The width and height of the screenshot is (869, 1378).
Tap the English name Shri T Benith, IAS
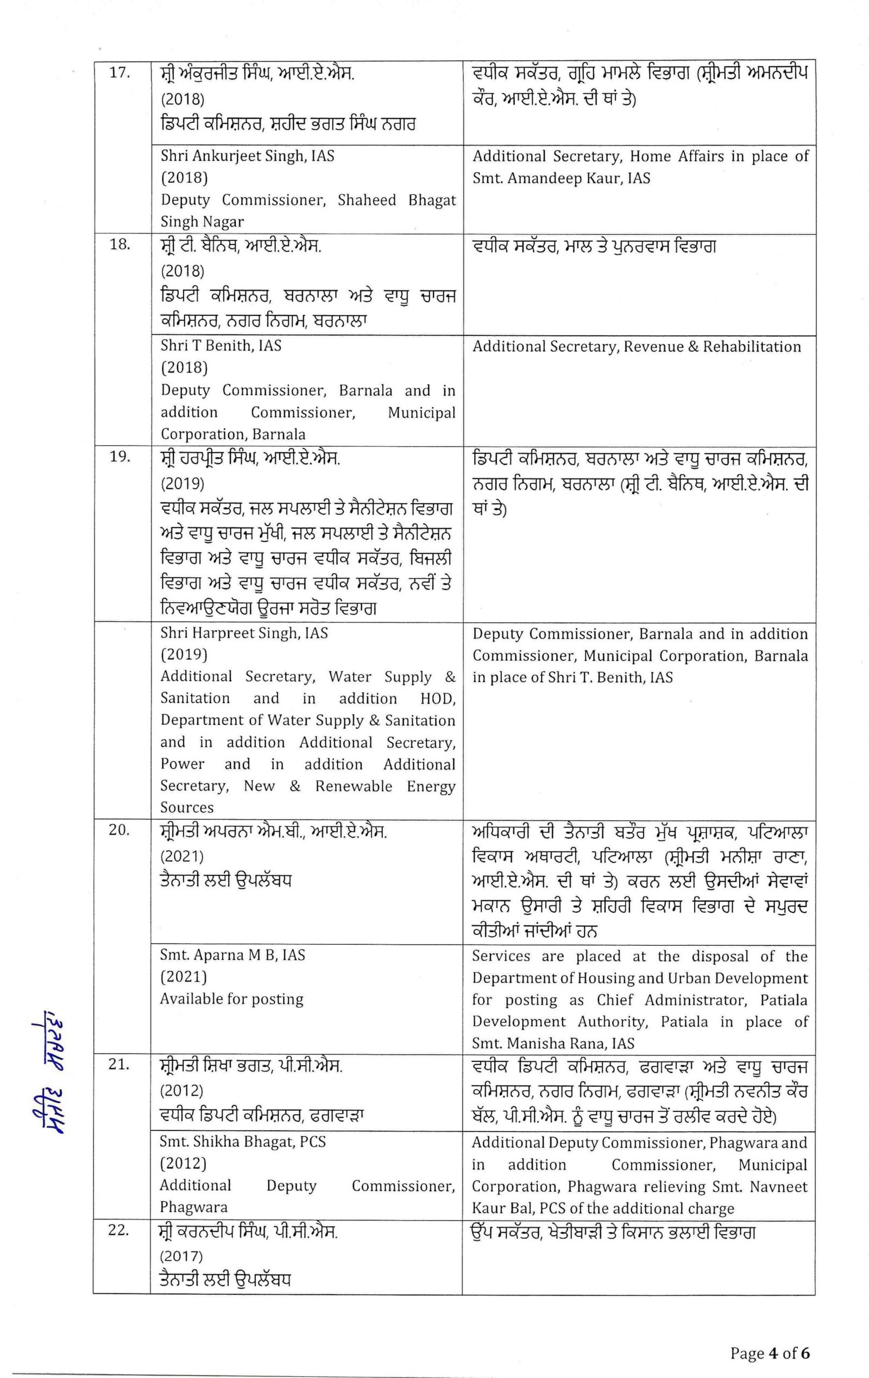coord(221,346)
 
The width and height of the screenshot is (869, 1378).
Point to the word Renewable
coord(353,786)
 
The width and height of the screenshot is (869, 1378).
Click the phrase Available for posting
coord(231,998)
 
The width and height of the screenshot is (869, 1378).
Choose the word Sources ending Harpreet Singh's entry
coord(187,807)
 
